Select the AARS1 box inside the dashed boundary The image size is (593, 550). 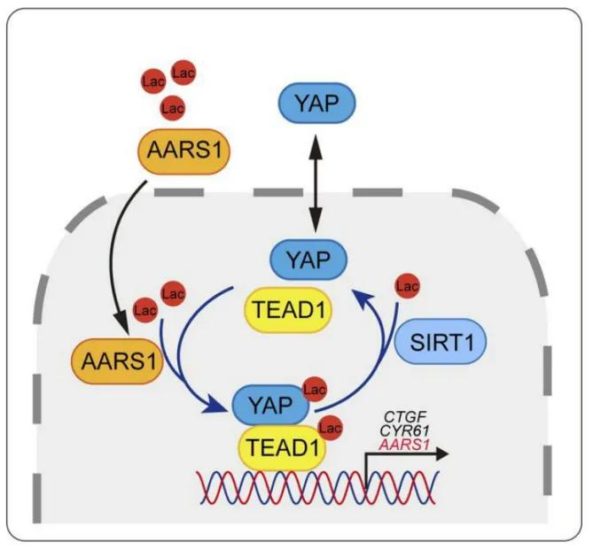[113, 362]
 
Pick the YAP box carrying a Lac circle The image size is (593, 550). [269, 406]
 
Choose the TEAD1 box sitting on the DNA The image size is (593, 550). [284, 442]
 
